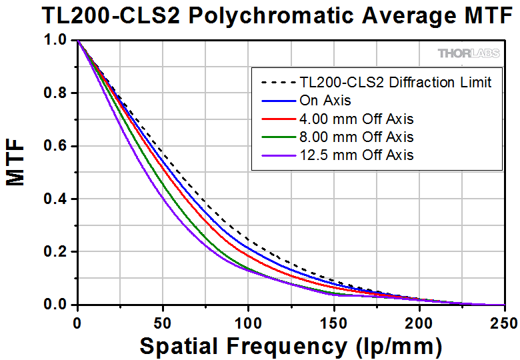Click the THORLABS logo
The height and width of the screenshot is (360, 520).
point(469,53)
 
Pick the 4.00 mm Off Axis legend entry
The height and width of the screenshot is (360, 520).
point(356,119)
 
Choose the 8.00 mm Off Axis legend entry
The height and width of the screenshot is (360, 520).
point(356,137)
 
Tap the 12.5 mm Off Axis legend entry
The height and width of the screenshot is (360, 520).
point(356,155)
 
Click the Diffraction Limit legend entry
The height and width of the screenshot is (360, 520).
point(396,83)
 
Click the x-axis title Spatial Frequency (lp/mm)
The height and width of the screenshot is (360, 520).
point(291,345)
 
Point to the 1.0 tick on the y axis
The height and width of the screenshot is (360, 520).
point(55,41)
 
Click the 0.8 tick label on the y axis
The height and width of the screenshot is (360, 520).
point(55,94)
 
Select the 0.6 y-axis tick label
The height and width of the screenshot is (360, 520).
point(55,147)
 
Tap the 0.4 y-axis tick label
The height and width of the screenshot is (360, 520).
point(55,199)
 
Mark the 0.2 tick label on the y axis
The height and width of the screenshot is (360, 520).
point(55,252)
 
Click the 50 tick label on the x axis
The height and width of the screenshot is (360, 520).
point(163,322)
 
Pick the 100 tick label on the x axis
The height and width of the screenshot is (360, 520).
point(249,322)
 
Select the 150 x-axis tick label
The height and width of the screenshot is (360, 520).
point(334,322)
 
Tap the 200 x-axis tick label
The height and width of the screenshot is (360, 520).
point(419,322)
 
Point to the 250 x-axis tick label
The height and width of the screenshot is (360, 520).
point(503,322)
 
